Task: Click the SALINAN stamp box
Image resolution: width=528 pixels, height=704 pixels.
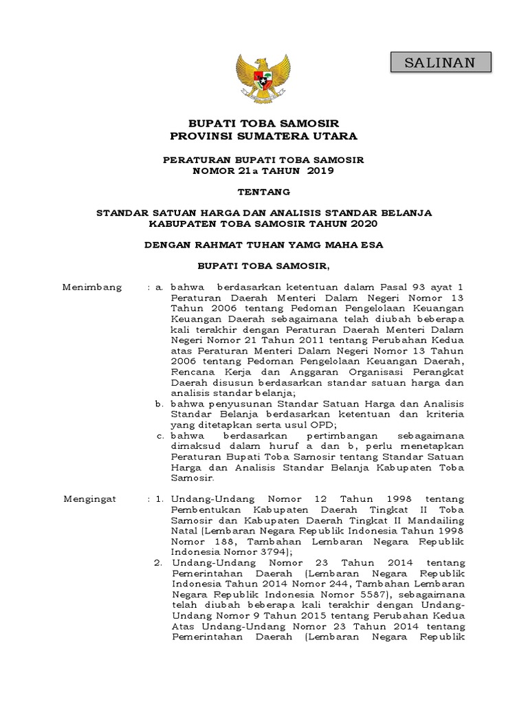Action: pyautogui.click(x=440, y=63)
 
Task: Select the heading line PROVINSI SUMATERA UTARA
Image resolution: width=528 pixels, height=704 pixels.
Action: pyautogui.click(x=264, y=136)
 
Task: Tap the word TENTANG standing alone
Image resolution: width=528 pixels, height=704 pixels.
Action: pyautogui.click(x=264, y=192)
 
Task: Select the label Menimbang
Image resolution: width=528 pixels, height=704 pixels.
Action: pyautogui.click(x=92, y=287)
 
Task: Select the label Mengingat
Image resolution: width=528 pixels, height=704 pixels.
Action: pyautogui.click(x=90, y=498)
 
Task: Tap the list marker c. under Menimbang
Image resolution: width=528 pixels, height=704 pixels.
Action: pyautogui.click(x=160, y=436)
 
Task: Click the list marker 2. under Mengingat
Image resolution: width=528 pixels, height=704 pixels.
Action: pyautogui.click(x=158, y=562)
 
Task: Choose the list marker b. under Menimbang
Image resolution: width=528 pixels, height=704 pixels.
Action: pyautogui.click(x=160, y=404)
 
